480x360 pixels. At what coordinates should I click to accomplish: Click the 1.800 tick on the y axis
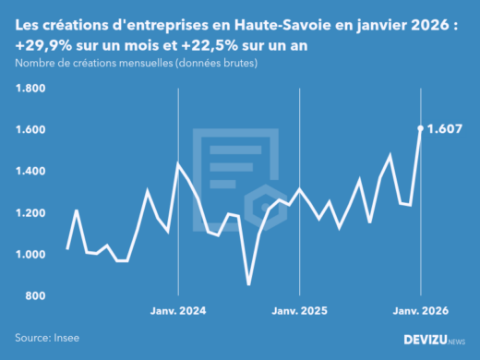tap(30, 89)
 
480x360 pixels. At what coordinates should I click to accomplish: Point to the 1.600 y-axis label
tap(30, 130)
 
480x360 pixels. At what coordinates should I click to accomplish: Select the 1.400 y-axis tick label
tap(30, 172)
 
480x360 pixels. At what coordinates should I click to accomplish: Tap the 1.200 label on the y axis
tap(30, 213)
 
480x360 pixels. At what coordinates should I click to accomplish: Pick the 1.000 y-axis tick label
tap(30, 255)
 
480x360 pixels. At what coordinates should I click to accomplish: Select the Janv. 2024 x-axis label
tap(177, 311)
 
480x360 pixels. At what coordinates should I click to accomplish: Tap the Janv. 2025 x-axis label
tap(299, 311)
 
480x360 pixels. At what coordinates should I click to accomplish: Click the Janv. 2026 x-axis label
tap(420, 311)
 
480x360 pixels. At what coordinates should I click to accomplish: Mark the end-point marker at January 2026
tap(421, 128)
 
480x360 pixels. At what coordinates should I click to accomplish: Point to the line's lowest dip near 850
tap(248, 284)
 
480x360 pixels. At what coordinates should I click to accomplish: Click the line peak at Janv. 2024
tap(177, 164)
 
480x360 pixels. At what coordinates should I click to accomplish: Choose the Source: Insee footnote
tap(46, 338)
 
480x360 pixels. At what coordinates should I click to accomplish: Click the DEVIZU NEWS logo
tap(434, 339)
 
